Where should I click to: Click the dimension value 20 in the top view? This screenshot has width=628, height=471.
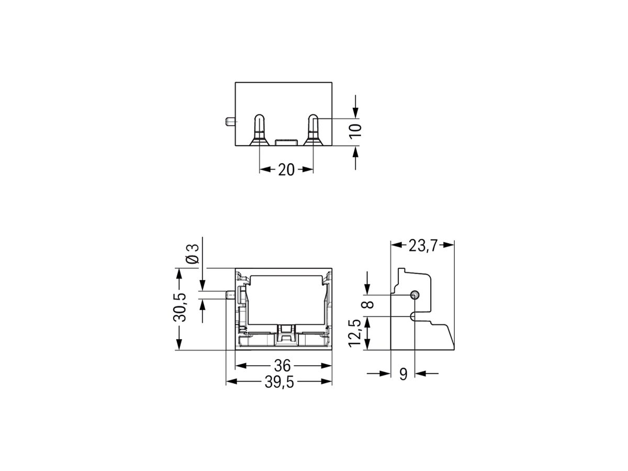click(286, 170)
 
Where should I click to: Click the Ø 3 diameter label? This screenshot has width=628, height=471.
click(193, 253)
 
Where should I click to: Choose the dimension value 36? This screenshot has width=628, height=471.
click(283, 366)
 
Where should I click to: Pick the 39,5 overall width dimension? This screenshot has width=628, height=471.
click(279, 382)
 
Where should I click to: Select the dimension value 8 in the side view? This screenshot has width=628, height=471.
click(371, 305)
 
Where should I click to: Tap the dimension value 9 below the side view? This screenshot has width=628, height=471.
click(403, 374)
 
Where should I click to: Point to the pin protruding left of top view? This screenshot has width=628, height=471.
click(229, 122)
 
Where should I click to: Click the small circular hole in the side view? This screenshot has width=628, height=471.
click(414, 295)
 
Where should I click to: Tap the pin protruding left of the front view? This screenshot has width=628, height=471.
click(229, 296)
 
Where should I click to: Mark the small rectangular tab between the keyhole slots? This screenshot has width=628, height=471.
click(286, 142)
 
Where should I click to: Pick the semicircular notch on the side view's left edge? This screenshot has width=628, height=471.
click(413, 317)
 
